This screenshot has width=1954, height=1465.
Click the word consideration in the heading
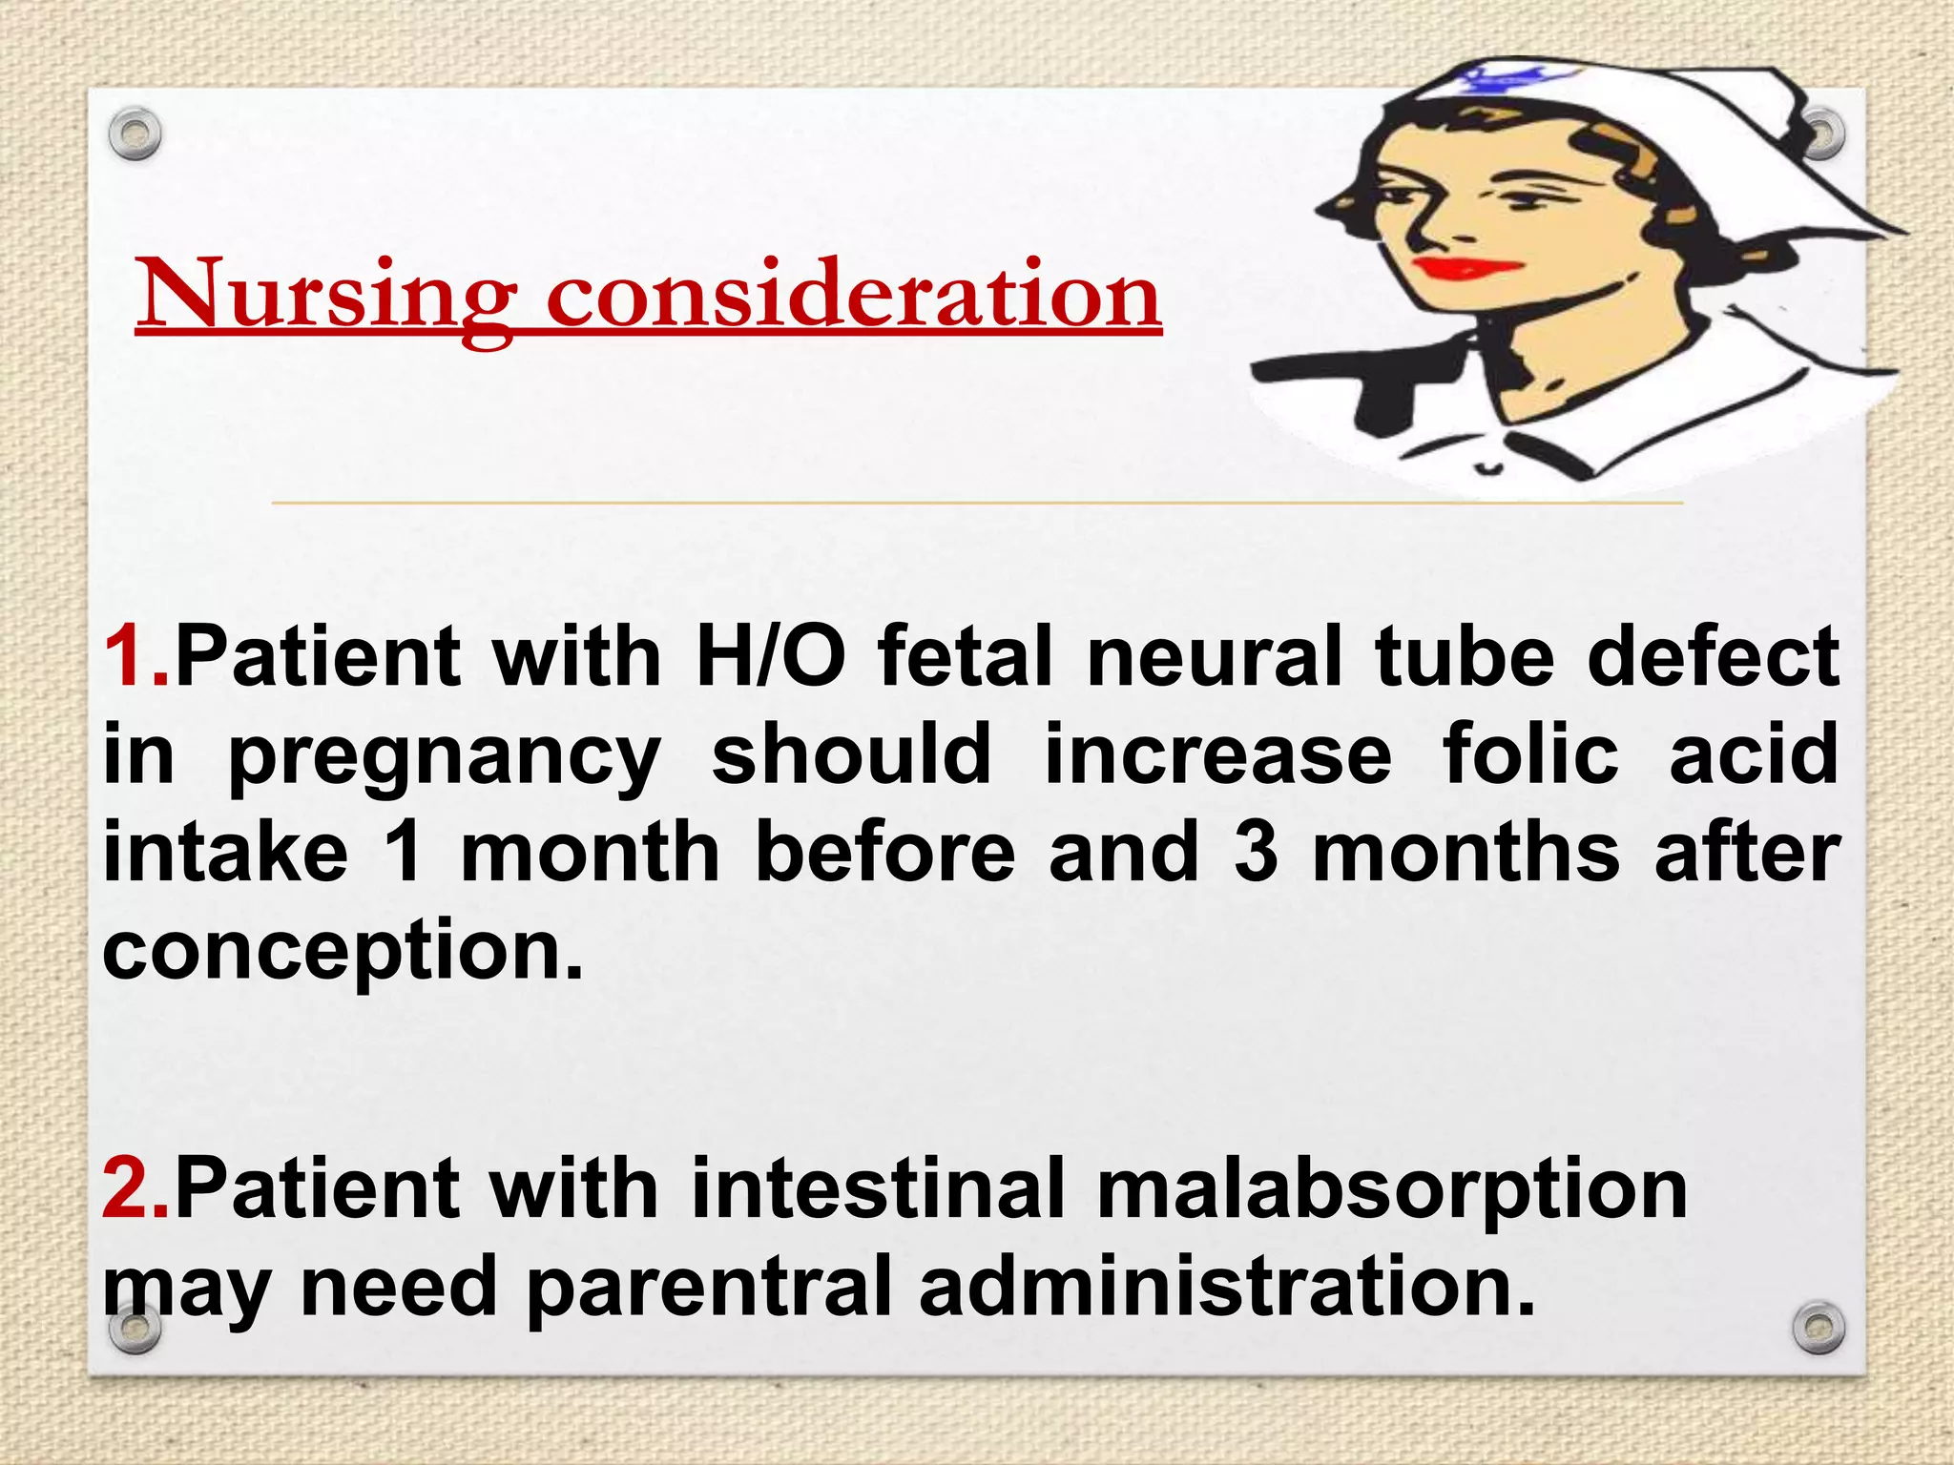[853, 296]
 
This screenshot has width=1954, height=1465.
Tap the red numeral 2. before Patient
[136, 1187]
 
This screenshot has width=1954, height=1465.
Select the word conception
[342, 952]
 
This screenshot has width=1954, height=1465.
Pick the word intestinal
[877, 1187]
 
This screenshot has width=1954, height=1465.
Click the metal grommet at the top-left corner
[135, 135]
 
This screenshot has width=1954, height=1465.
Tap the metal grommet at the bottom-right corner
[1819, 1328]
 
